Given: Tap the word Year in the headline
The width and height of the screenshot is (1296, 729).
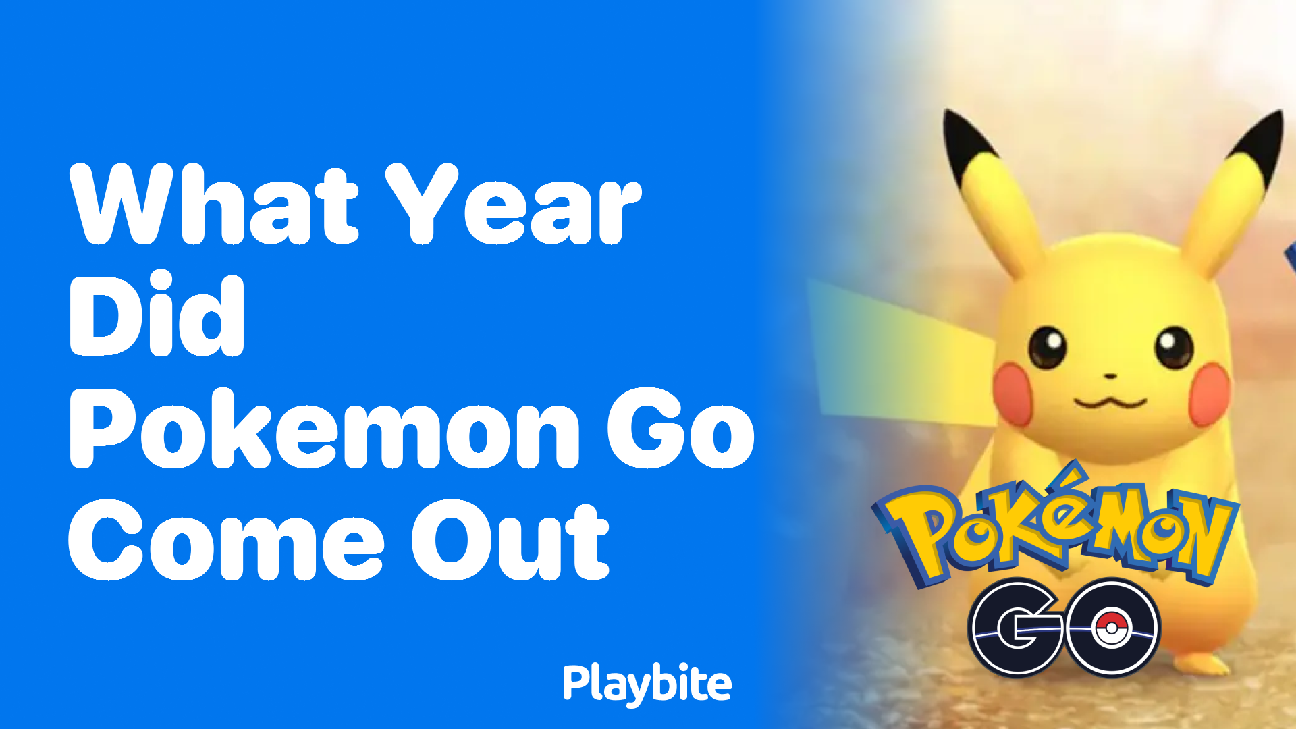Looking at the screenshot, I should click(513, 205).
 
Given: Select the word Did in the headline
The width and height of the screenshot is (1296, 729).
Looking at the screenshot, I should click(157, 315).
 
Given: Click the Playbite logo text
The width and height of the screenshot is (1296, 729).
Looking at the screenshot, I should click(647, 684).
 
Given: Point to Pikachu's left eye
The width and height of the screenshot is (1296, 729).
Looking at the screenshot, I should click(1047, 346).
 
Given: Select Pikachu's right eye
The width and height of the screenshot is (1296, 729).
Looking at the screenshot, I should click(1174, 346).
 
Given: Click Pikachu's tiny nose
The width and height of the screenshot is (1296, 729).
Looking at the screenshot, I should click(1110, 375).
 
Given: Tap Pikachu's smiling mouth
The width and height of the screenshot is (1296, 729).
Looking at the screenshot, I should click(1110, 402).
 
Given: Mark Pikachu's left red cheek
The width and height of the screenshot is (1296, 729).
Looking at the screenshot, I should click(1012, 391).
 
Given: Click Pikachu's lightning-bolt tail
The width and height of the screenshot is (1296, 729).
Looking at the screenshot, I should click(898, 351).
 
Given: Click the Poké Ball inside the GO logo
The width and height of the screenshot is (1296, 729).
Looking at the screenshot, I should click(1110, 628).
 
